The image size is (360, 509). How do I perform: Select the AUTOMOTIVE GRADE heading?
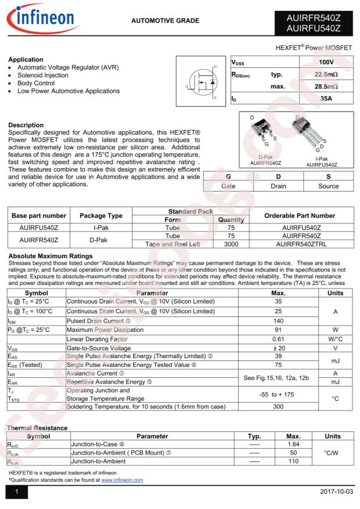tap(165, 21)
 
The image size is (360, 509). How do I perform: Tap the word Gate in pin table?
tap(228, 186)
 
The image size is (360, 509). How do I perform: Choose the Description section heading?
tap(26, 125)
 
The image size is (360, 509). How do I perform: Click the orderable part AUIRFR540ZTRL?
tap(301, 244)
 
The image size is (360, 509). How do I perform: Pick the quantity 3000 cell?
tap(231, 244)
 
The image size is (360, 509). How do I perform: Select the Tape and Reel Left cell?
tap(172, 244)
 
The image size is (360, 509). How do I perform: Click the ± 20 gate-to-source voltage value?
tap(278, 348)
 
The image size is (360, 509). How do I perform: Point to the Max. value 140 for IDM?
tap(278, 320)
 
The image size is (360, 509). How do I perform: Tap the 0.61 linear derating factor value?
tap(278, 338)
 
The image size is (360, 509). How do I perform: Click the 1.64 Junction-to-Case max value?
tap(293, 444)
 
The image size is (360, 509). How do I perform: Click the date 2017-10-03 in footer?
tap(336, 492)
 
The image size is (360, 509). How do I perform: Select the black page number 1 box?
tap(17, 492)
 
